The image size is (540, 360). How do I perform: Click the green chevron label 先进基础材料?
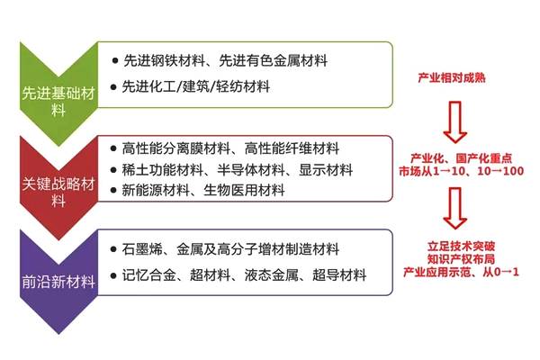(x=58, y=102)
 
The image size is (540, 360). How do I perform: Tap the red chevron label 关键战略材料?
(x=58, y=193)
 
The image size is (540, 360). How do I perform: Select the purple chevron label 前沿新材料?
(x=58, y=282)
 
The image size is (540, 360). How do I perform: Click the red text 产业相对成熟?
(x=452, y=78)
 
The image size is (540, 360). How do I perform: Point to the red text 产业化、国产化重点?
(x=461, y=158)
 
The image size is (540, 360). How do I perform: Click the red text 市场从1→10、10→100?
(x=461, y=171)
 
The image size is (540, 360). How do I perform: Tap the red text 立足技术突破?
(x=461, y=247)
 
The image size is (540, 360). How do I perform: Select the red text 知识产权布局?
(x=461, y=259)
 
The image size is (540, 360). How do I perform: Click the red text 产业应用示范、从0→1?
(x=461, y=272)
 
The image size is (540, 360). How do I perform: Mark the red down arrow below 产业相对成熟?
(x=455, y=122)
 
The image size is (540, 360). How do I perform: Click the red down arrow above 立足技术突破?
(x=455, y=208)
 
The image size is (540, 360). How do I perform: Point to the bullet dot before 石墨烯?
(x=113, y=249)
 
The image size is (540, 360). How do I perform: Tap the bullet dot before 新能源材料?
(x=113, y=190)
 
